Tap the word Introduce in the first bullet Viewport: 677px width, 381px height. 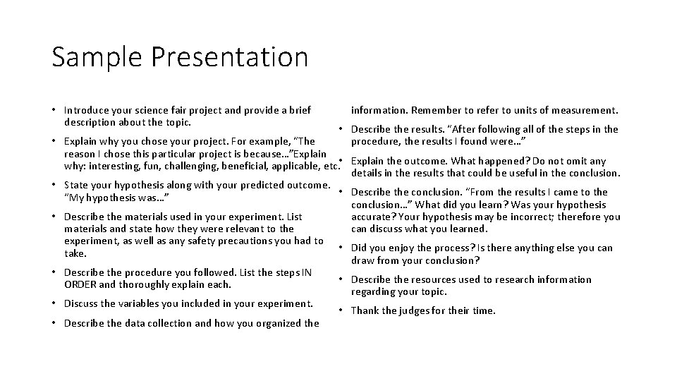(86, 110)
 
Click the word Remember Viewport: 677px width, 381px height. (435, 110)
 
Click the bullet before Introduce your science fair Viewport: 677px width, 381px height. (54, 110)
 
